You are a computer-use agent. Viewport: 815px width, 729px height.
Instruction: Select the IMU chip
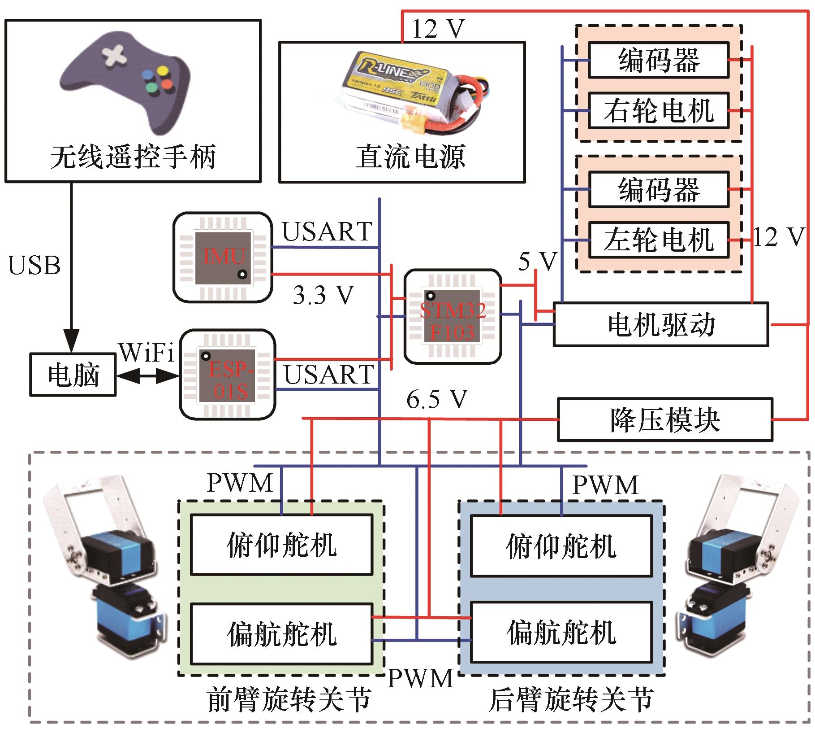pyautogui.click(x=223, y=256)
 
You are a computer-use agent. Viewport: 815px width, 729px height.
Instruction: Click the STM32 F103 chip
pyautogui.click(x=453, y=316)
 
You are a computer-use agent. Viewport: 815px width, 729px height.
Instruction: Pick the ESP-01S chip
pyautogui.click(x=229, y=375)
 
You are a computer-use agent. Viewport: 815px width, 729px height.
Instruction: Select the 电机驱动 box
pyautogui.click(x=661, y=324)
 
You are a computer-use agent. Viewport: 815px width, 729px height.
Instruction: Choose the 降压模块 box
pyautogui.click(x=665, y=420)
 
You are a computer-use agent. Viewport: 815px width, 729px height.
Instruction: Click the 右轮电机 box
pyautogui.click(x=658, y=111)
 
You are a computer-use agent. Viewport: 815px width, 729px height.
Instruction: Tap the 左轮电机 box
pyautogui.click(x=658, y=240)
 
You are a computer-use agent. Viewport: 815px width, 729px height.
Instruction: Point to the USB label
pyautogui.click(x=34, y=265)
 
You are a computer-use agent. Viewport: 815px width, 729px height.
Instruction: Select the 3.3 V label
pyautogui.click(x=323, y=295)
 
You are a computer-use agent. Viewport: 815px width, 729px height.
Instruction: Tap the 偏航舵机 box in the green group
pyautogui.click(x=282, y=634)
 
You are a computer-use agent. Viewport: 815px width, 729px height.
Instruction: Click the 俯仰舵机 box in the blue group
pyautogui.click(x=561, y=546)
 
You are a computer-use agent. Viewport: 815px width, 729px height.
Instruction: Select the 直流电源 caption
pyautogui.click(x=410, y=157)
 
